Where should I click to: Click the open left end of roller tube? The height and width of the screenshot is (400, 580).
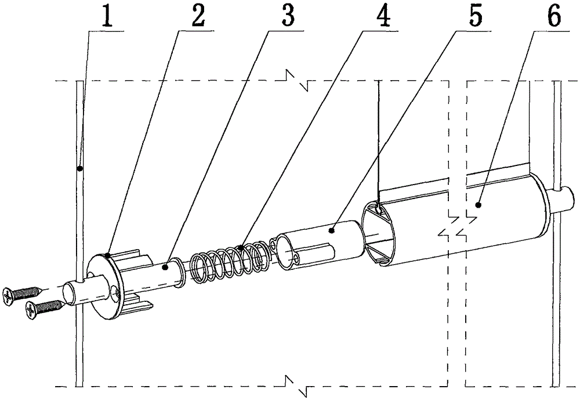point(378,235)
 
